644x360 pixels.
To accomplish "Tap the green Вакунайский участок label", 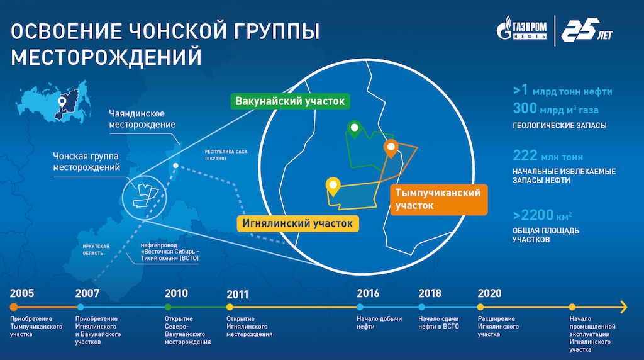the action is click(290, 101).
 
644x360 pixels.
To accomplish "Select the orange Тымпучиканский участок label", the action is click(438, 200).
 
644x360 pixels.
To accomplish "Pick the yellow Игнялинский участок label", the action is click(297, 223).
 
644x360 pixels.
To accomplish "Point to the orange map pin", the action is click(391, 149).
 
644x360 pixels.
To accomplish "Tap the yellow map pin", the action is click(333, 187).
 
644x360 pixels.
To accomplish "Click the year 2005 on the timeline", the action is click(22, 293).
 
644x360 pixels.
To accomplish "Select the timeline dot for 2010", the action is click(168, 307).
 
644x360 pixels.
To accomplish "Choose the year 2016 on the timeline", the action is click(368, 293).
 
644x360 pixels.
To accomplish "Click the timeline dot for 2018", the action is click(422, 307).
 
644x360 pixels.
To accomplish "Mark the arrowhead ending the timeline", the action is click(624, 307).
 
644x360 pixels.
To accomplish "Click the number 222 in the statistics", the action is click(525, 155).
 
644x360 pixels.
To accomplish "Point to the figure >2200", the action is click(533, 215).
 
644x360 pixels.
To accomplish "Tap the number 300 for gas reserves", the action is click(525, 108).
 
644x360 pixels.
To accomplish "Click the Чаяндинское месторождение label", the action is click(142, 119).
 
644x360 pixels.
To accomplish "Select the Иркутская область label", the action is click(96, 250).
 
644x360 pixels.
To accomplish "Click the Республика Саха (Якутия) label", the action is click(226, 155).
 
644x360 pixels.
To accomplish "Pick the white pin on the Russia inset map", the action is click(62, 102).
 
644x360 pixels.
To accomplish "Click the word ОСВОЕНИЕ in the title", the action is click(66, 31).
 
